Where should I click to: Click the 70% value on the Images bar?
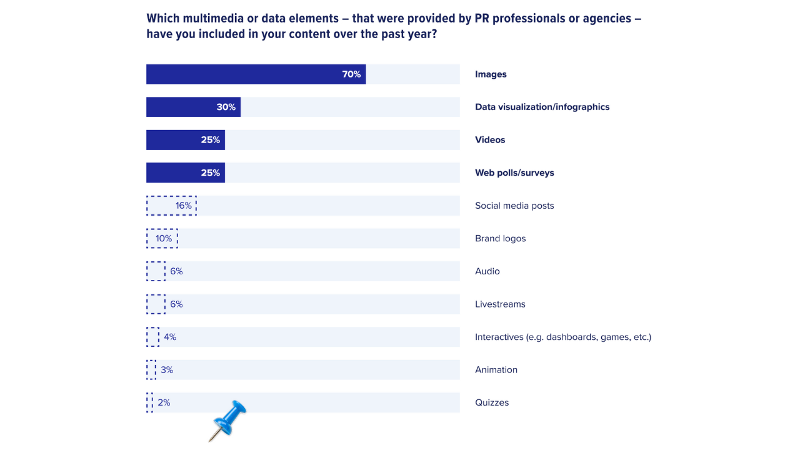351,74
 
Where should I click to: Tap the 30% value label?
226,107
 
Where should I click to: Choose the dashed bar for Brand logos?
162,238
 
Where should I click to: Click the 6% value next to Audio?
176,271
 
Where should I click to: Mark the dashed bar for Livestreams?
156,304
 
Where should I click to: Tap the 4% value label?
170,337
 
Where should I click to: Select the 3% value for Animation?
167,370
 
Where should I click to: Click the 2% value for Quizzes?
164,402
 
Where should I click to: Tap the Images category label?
491,74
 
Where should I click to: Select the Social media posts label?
514,206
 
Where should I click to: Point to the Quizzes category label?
492,402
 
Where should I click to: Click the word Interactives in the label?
499,337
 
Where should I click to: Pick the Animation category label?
496,370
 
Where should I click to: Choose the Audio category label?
487,271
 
